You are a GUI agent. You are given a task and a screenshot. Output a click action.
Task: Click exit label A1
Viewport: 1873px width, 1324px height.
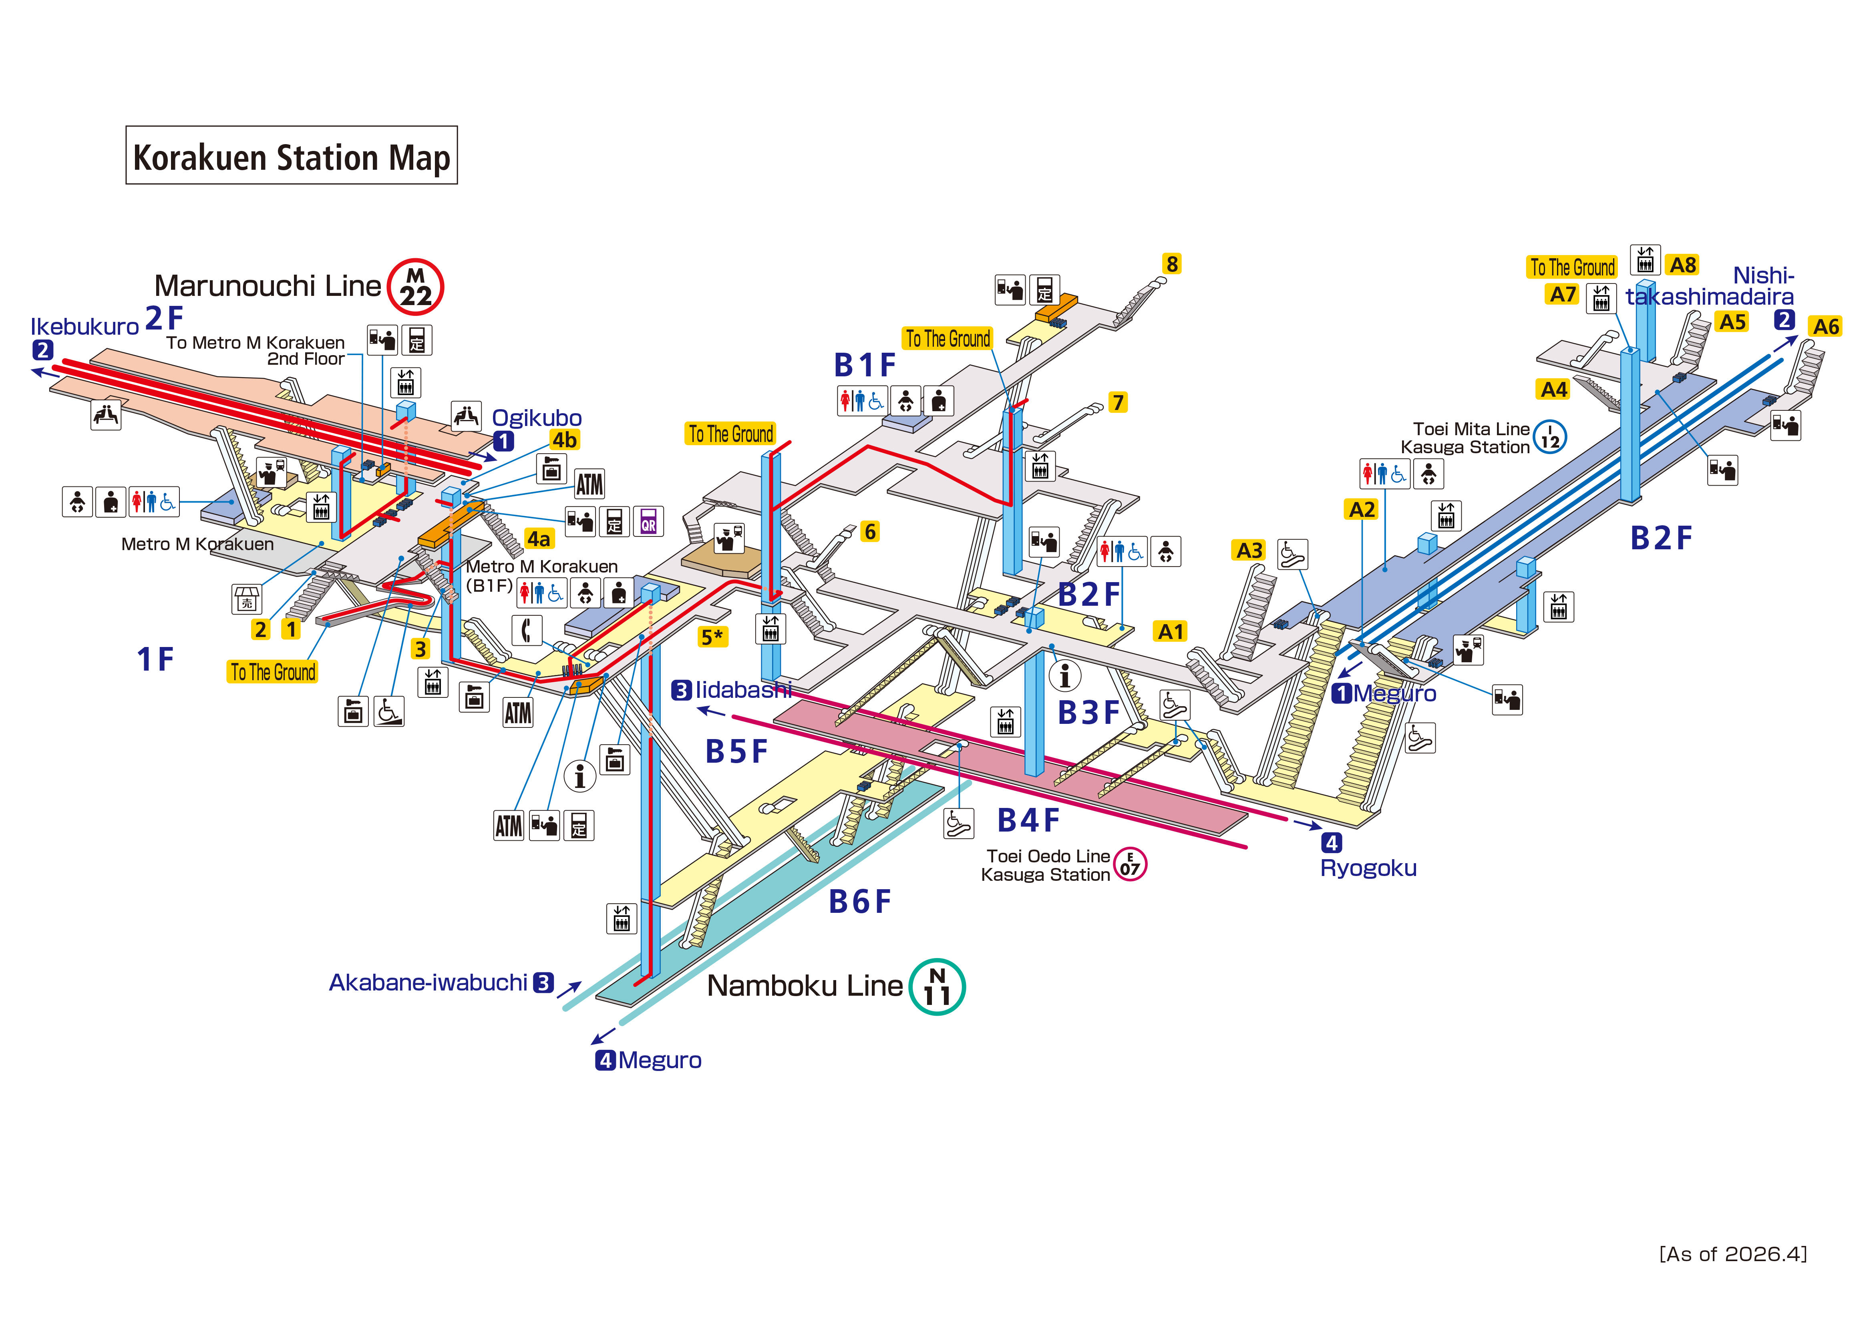[1171, 631]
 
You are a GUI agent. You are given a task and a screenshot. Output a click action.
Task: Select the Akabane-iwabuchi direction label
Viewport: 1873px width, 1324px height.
[428, 982]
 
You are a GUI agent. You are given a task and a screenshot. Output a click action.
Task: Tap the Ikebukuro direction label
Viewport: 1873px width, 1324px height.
[85, 326]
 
